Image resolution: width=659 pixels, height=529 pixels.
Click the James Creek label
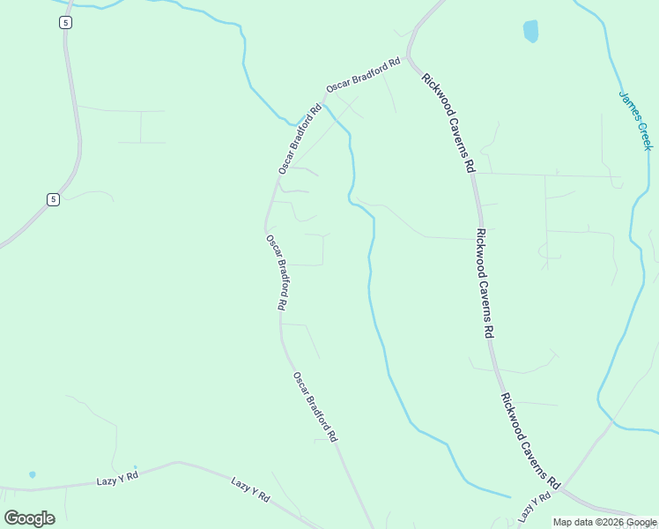pos(634,119)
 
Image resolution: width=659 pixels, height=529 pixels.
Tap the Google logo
pos(29,518)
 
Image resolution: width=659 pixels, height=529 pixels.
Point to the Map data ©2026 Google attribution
pos(605,523)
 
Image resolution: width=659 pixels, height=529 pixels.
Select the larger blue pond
pos(530,31)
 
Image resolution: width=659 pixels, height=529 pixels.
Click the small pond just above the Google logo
pos(32,474)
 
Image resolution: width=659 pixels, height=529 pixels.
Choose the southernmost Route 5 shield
pos(54,199)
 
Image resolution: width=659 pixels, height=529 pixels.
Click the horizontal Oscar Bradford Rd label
pos(363,75)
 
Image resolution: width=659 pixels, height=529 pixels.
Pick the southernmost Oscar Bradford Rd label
pos(315,406)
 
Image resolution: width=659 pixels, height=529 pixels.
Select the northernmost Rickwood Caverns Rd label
pos(448,123)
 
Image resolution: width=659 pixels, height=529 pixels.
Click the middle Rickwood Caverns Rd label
pos(483,284)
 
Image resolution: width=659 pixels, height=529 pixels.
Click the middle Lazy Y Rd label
pos(250,491)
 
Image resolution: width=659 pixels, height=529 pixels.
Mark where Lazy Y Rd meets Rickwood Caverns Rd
pos(561,488)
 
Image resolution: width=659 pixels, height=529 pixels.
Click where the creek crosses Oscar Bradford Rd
pos(324,104)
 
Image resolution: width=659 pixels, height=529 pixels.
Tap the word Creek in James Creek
pos(644,134)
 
